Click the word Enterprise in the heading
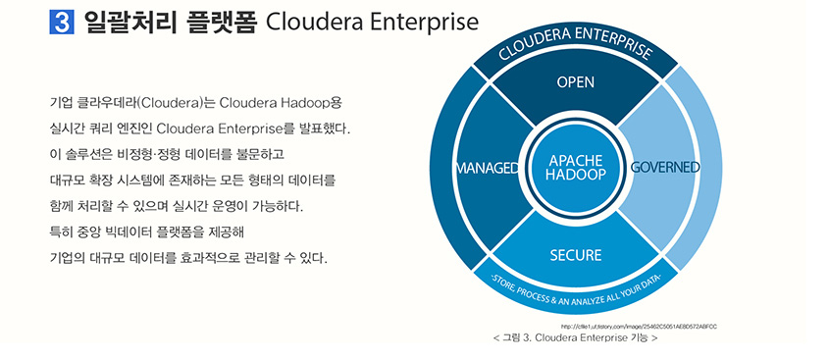click(x=413, y=23)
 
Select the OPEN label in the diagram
click(x=576, y=82)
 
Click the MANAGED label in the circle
click(x=488, y=168)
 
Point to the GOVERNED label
click(x=664, y=167)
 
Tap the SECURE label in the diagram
click(x=576, y=256)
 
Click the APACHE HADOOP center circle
click(x=576, y=168)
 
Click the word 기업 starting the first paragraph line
click(x=59, y=102)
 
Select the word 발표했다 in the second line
click(x=323, y=129)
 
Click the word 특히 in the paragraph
click(x=59, y=232)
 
